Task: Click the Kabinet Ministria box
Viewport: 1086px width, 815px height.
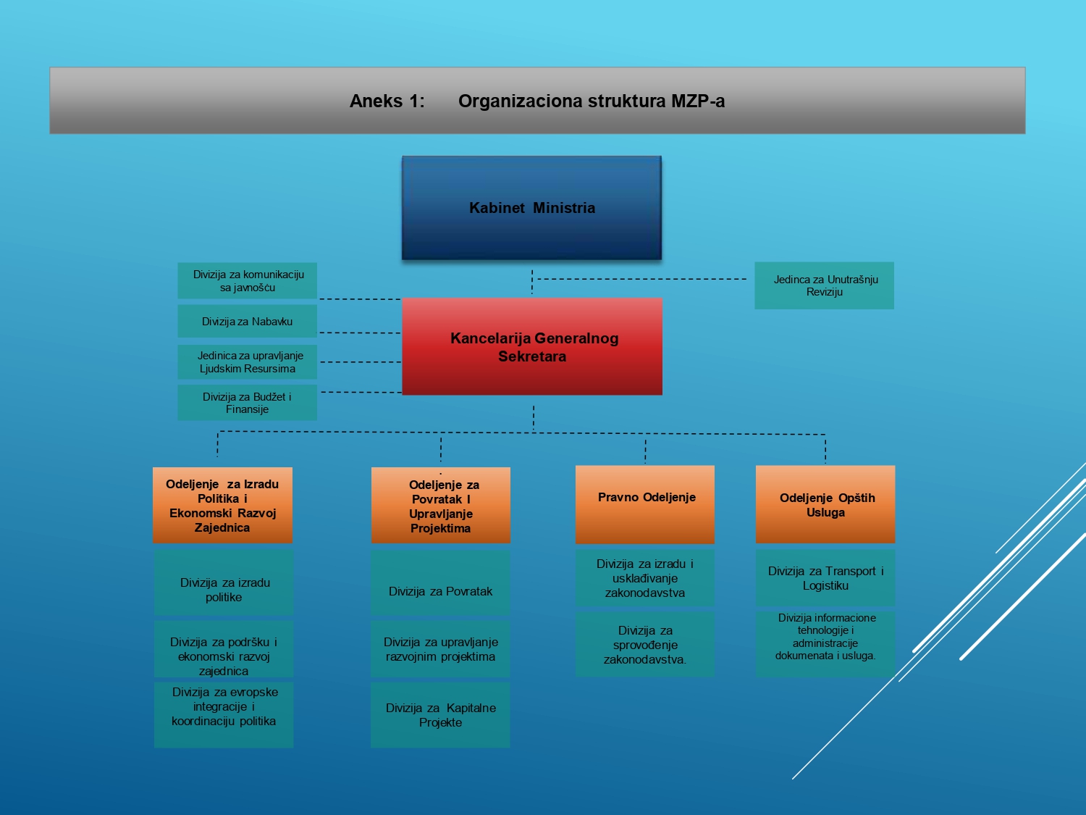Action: (532, 208)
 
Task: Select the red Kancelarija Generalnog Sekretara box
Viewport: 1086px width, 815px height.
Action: (532, 346)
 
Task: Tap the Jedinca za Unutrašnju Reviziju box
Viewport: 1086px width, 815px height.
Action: (824, 285)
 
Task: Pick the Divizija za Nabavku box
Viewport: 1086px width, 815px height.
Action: (248, 321)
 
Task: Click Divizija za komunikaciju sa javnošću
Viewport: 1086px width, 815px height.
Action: (248, 280)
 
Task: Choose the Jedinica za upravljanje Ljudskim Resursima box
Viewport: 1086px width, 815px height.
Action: (248, 361)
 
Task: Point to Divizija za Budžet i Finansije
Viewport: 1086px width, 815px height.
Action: (248, 402)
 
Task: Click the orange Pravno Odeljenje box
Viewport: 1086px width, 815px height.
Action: (644, 504)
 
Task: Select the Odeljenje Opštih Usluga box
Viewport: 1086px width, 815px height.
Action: (825, 504)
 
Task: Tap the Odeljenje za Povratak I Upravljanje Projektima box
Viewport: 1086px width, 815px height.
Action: (441, 505)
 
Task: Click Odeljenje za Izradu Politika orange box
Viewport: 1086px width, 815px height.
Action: (223, 505)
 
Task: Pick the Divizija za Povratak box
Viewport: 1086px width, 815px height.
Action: (440, 582)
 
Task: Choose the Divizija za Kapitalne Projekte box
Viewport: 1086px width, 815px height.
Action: (440, 715)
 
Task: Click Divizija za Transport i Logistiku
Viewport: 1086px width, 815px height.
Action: (825, 577)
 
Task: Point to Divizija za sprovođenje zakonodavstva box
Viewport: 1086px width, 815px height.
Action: (644, 644)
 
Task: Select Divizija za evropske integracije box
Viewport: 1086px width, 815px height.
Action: (224, 715)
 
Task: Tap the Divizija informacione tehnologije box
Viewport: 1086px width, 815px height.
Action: (825, 644)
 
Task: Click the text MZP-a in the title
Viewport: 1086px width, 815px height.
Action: (698, 101)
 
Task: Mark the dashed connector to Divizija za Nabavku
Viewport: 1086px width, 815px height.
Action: (360, 333)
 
